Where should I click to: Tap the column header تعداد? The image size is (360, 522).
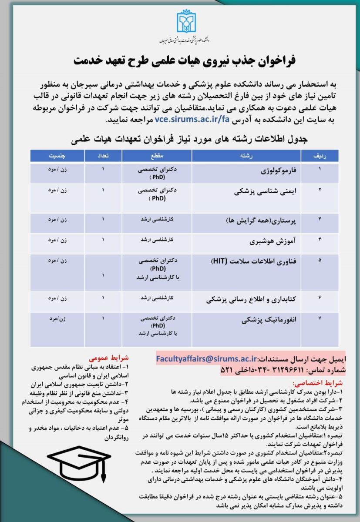click(x=103, y=155)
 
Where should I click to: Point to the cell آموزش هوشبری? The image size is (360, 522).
click(x=273, y=241)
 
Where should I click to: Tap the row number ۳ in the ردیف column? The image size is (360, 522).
click(x=320, y=219)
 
